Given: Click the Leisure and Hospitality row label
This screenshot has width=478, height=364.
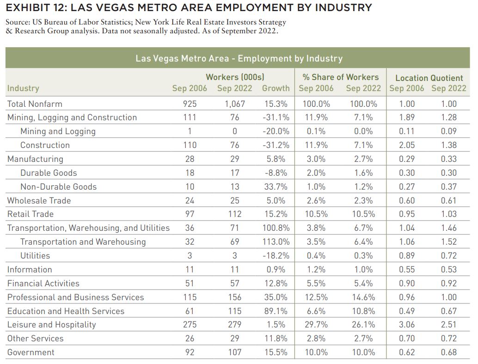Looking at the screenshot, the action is pos(51,325).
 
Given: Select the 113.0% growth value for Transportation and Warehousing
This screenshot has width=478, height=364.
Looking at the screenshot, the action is pos(276,241).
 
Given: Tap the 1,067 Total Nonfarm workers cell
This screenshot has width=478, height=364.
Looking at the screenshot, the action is pos(235,104).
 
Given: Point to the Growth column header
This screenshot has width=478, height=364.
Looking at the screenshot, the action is pos(276,88).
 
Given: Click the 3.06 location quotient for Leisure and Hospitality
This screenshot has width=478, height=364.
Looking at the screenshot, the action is pos(407,325).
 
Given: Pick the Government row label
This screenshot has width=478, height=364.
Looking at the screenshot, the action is pos(31,352).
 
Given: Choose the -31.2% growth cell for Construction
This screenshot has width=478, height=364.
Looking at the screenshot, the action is pos(276,145).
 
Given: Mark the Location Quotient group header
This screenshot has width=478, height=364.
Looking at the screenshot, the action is pos(429,78).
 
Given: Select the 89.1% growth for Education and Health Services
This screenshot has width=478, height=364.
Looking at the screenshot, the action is pos(276,311).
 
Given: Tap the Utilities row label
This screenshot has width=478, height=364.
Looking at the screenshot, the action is pos(35,256).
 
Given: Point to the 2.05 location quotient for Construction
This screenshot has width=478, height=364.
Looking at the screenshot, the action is pos(407,145).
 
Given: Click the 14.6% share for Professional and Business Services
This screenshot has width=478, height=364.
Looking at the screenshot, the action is pos(363,297).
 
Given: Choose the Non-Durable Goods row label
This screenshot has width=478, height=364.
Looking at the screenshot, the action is pos(58,187).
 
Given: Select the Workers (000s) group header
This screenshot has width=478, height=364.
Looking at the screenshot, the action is pos(235,77).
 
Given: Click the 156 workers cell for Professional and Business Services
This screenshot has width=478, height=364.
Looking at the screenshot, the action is pos(235,297).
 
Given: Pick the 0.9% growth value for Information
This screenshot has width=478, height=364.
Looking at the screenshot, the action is pos(276,269).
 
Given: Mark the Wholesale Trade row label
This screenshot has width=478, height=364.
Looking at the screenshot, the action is pos(39,200).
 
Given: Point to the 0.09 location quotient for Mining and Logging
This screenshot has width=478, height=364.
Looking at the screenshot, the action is pos(449,131).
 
